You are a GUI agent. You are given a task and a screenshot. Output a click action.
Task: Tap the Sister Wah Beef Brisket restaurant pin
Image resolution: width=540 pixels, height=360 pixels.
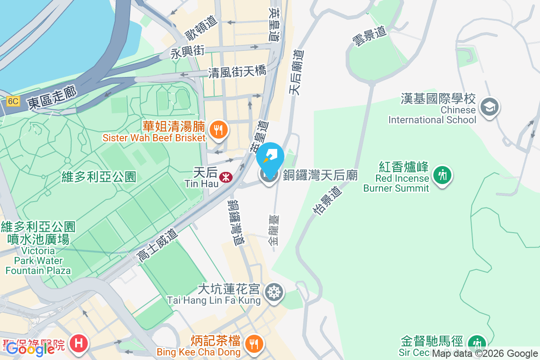219,130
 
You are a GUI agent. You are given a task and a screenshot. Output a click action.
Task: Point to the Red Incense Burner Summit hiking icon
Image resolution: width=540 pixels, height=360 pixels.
443,174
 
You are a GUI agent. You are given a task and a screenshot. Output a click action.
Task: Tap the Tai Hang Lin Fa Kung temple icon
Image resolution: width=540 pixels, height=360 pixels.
273,292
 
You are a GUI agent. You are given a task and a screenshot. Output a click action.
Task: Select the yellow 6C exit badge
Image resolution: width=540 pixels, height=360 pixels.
13,101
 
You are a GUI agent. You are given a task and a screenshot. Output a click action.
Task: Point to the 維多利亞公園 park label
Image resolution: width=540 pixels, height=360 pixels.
99,176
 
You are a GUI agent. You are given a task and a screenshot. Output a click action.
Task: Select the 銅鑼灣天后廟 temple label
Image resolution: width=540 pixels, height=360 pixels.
320,175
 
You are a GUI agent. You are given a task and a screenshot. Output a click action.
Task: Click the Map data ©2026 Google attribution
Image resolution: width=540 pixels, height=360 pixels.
485,354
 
